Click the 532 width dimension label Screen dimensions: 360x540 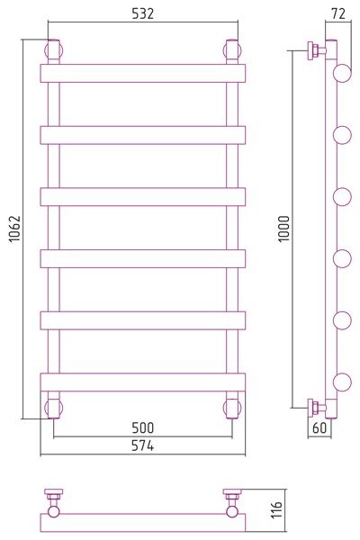click(142, 13)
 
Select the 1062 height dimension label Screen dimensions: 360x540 click(14, 229)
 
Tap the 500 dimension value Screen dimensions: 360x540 click(142, 427)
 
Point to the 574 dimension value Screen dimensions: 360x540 click(142, 445)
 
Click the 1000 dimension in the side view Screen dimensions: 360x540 click(284, 229)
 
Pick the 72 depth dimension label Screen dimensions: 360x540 click(338, 13)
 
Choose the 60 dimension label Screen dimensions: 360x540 click(319, 427)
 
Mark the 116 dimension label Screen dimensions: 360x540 click(276, 509)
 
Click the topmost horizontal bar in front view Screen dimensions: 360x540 click(142, 74)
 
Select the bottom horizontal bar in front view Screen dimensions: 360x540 click(142, 382)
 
